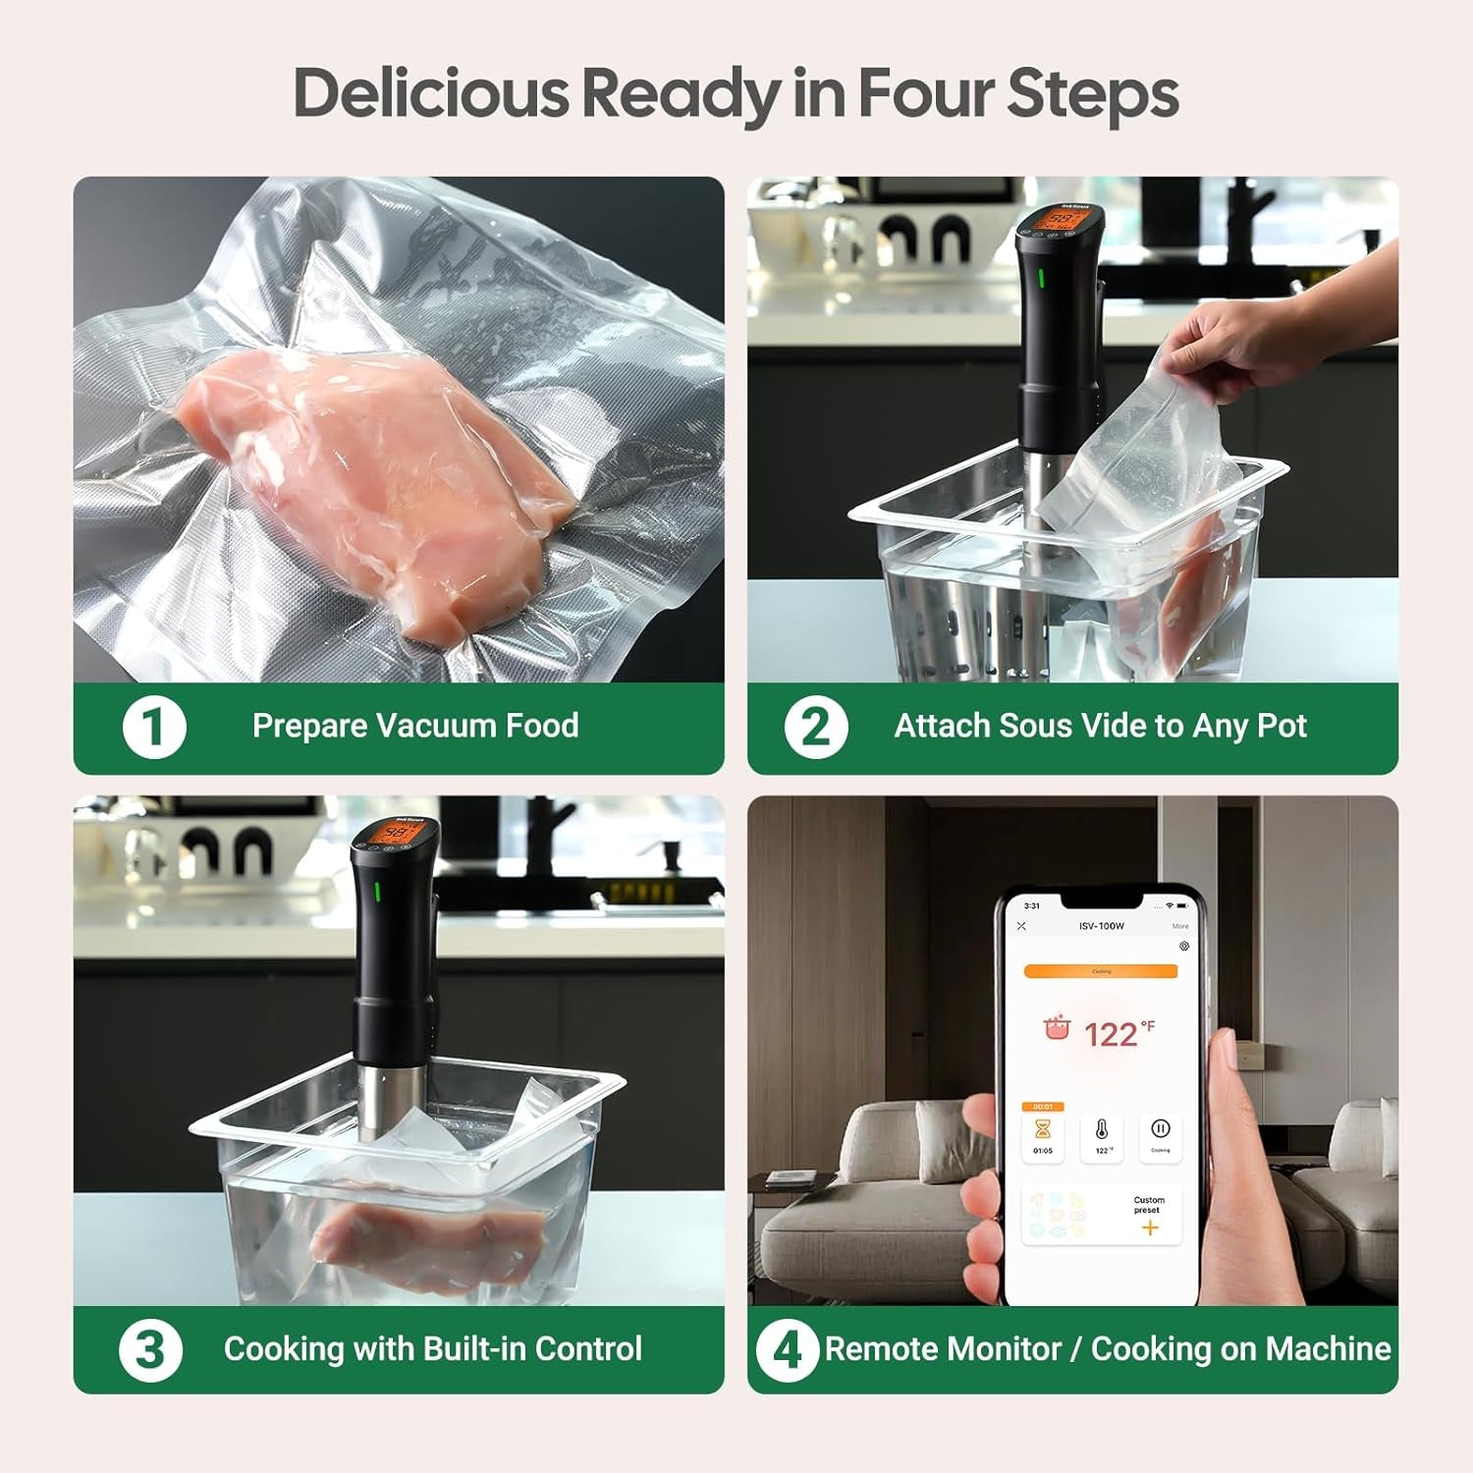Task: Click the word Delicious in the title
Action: (431, 94)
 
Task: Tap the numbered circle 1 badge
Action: (154, 727)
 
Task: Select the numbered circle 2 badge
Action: (816, 727)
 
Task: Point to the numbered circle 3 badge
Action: (150, 1349)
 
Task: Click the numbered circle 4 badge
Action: (788, 1349)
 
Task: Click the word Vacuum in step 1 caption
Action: (436, 726)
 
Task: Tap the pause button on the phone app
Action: (1160, 1130)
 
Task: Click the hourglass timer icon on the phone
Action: (1043, 1130)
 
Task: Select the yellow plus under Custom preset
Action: (1150, 1227)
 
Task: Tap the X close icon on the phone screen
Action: (1021, 926)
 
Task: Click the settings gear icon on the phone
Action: (1184, 947)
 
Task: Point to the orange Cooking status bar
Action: (1101, 971)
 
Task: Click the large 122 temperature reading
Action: (1111, 1034)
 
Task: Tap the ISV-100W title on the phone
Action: (1101, 926)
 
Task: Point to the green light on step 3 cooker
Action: (376, 893)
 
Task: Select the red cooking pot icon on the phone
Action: (1057, 1029)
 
